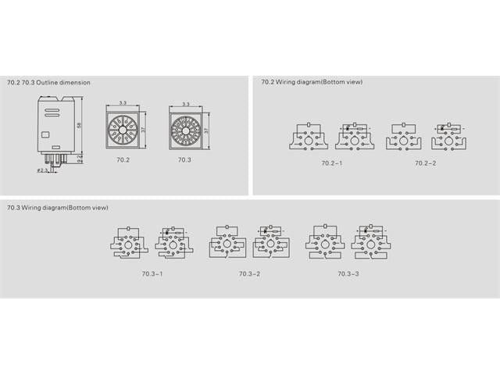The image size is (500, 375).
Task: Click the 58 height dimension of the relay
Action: [x=79, y=125]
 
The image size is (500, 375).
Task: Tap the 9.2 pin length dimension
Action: [x=79, y=159]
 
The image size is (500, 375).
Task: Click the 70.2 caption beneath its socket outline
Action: [x=123, y=159]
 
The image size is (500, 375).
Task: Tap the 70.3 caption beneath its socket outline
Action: [x=184, y=159]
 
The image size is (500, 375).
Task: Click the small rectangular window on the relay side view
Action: [x=45, y=134]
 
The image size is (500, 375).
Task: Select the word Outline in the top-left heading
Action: [x=50, y=82]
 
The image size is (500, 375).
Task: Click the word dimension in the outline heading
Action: [x=77, y=82]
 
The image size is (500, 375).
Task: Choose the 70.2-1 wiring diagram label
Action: [x=332, y=162]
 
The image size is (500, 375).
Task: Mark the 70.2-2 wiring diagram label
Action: [x=426, y=162]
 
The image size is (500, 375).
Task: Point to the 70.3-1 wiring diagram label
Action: [x=152, y=273]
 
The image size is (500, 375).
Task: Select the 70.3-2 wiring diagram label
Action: [x=249, y=273]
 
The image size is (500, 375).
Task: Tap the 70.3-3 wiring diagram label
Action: [x=348, y=273]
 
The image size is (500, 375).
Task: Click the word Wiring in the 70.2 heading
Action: [x=287, y=82]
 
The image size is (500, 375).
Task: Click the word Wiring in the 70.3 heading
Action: [x=34, y=207]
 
